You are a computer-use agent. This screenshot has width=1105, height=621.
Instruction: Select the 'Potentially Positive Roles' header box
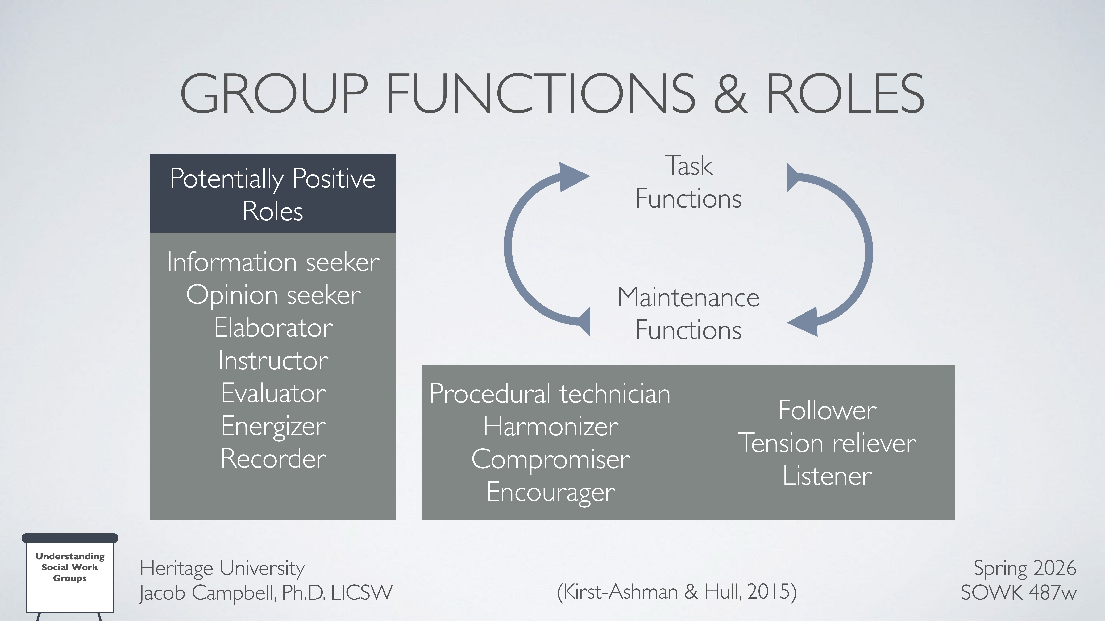point(272,194)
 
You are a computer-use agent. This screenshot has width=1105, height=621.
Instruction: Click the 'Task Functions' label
point(688,182)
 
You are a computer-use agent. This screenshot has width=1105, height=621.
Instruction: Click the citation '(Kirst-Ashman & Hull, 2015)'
point(676,592)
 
